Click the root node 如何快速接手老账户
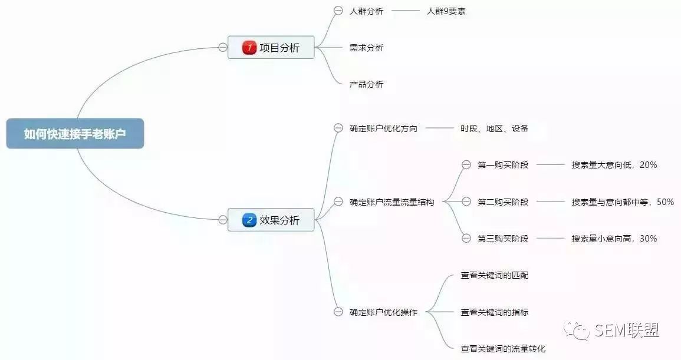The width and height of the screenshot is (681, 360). (75, 133)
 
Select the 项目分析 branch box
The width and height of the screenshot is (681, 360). (271, 47)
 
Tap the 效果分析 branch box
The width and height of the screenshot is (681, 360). (271, 220)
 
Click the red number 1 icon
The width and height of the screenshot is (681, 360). (249, 47)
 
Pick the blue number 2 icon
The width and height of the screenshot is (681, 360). (249, 220)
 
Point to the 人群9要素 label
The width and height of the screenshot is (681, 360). (446, 11)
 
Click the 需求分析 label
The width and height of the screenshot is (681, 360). (367, 48)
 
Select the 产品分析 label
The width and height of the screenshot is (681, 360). (367, 84)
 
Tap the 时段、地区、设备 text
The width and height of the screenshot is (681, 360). (494, 128)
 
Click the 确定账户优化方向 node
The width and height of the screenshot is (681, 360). (383, 128)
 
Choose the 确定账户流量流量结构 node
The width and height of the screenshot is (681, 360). (392, 202)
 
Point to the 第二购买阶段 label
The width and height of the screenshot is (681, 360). (503, 202)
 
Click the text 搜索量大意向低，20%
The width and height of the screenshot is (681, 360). (614, 165)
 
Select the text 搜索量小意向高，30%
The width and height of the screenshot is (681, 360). (614, 239)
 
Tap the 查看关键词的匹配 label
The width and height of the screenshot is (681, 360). (494, 275)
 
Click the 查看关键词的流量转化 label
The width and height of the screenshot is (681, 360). (503, 349)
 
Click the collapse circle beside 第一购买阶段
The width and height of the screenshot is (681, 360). (466, 165)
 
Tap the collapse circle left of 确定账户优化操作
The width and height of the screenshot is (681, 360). (338, 312)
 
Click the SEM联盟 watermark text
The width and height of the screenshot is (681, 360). (626, 331)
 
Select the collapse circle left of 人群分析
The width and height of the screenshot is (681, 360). (338, 11)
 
